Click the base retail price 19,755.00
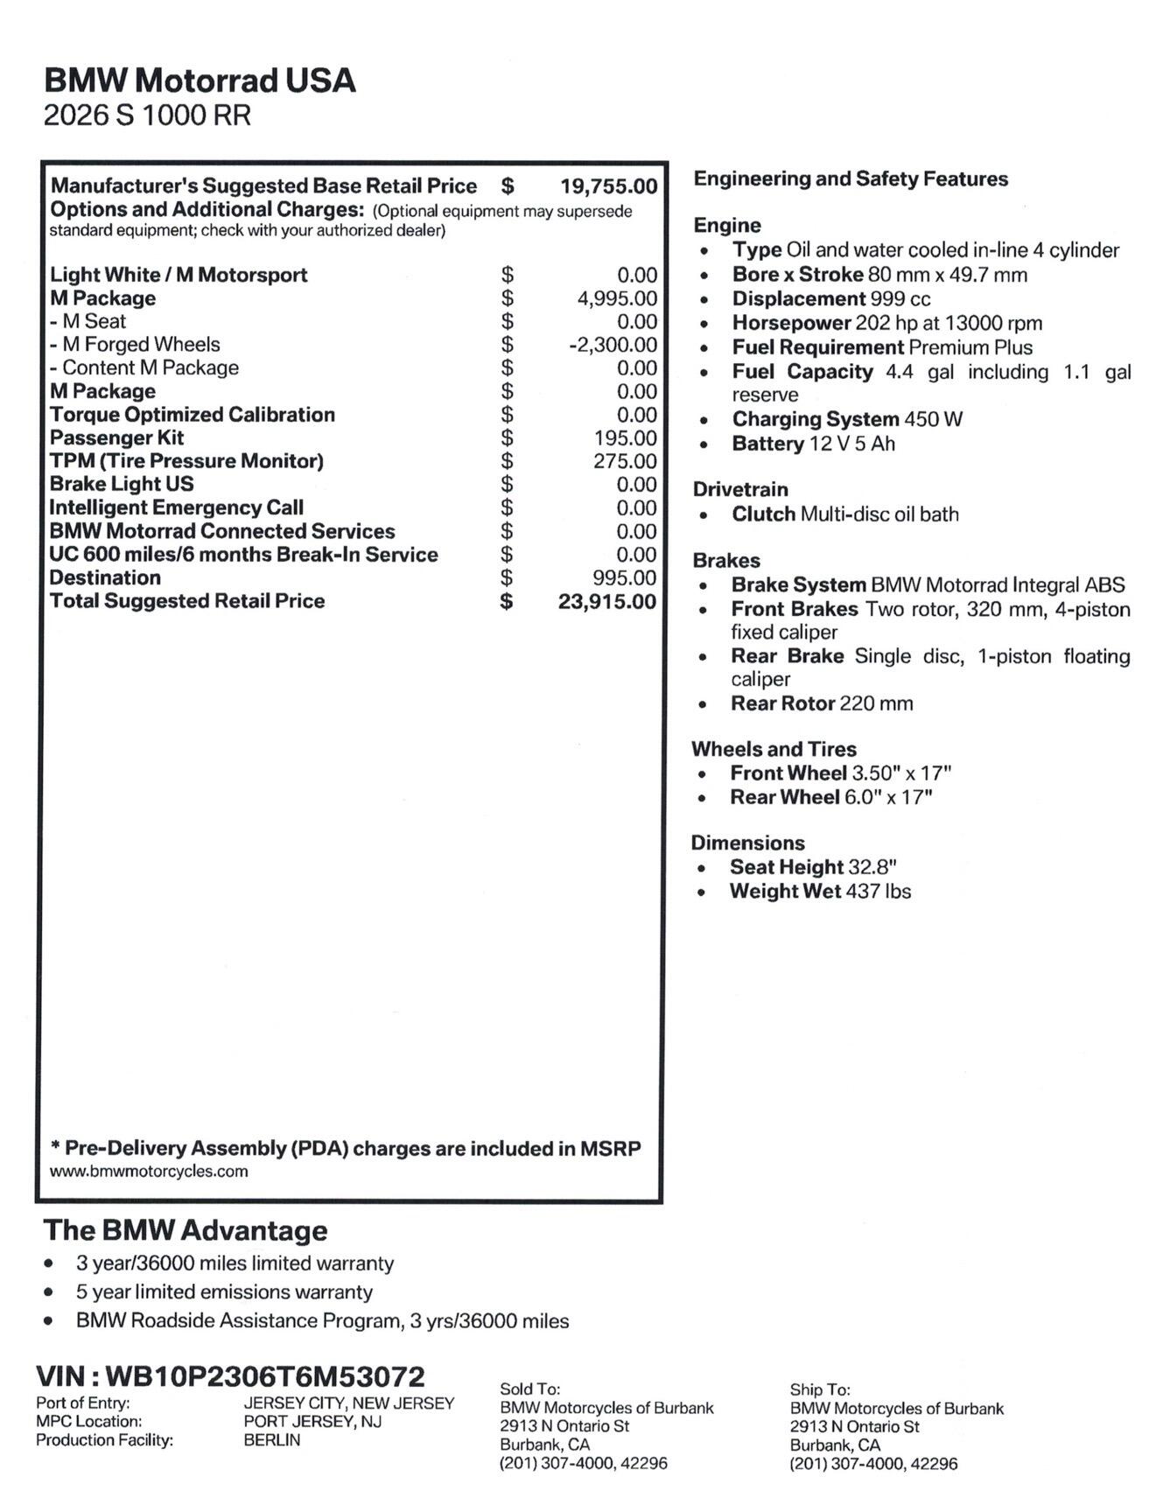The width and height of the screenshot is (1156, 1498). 608,186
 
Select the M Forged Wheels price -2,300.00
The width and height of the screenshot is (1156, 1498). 613,345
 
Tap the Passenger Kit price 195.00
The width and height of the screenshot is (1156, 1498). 625,437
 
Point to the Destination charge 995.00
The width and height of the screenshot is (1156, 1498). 624,577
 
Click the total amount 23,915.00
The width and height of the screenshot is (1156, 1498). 606,601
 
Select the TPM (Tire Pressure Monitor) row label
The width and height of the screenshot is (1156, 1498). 186,461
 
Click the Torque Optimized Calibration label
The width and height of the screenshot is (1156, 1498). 193,415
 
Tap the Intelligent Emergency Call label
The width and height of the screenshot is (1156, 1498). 177,507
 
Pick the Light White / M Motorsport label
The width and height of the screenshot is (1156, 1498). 179,275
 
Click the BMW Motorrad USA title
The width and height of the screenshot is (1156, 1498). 200,80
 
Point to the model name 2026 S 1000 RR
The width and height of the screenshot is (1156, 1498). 147,115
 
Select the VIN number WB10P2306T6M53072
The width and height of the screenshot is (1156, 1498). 264,1376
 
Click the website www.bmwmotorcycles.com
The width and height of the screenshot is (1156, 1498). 149,1172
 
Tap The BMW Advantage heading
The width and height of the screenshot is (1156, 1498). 186,1230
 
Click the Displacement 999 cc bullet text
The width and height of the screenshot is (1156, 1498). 831,298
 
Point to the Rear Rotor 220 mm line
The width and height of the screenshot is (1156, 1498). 822,703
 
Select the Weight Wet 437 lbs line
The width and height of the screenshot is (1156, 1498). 820,892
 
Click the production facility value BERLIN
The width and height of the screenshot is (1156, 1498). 272,1439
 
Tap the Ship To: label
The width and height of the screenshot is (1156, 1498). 820,1389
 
